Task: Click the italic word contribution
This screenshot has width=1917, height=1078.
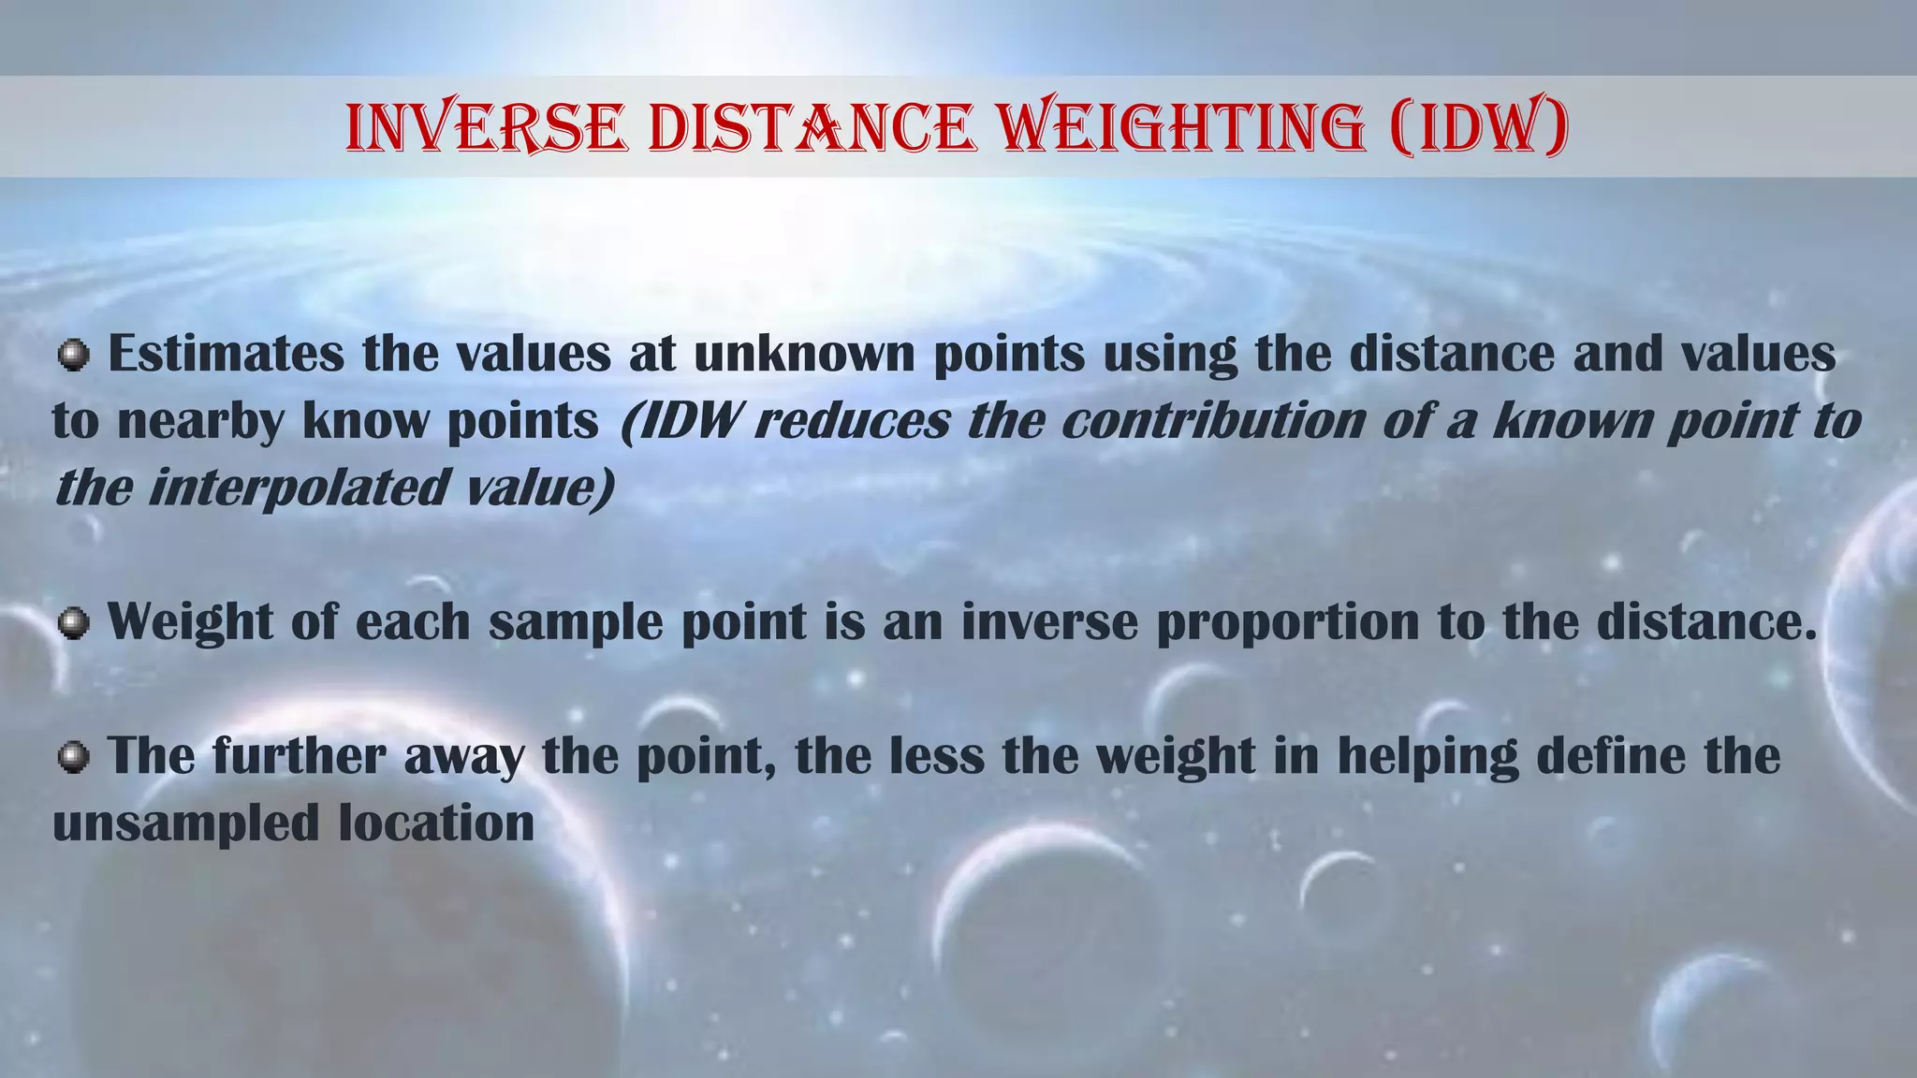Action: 1214,420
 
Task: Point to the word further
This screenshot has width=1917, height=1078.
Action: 299,755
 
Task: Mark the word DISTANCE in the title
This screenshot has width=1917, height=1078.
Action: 812,127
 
